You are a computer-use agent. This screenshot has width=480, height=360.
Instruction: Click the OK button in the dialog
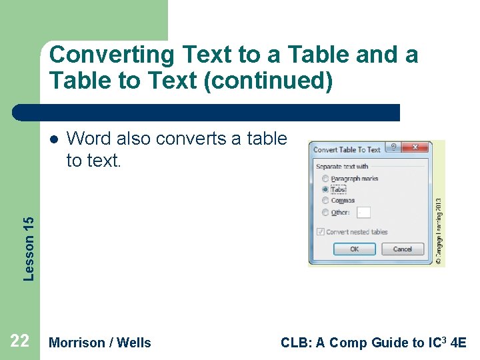[x=354, y=249]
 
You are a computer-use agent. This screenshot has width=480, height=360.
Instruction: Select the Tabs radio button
[x=325, y=189]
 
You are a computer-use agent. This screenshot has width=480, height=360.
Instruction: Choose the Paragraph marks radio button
[x=325, y=179]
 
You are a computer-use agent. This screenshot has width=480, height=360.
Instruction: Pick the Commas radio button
[x=325, y=201]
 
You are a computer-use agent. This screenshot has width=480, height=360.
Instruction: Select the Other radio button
[x=325, y=213]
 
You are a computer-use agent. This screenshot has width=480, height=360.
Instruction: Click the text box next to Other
[x=363, y=213]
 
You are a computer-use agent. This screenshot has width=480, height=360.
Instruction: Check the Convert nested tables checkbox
[x=321, y=232]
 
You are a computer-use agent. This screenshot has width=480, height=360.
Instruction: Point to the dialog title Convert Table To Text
[x=347, y=150]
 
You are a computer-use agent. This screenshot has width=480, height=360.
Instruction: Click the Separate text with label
[x=342, y=167]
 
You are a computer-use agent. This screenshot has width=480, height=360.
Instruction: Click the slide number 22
[x=19, y=342]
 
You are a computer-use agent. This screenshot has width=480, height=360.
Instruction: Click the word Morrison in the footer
[x=77, y=343]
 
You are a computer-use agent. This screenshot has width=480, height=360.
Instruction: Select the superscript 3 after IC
[x=446, y=339]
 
